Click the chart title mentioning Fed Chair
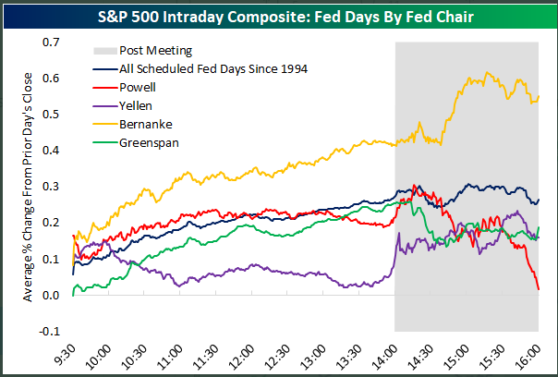pos(278,16)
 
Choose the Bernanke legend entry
pos(145,125)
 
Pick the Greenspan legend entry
pos(149,143)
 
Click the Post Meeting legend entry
pos(153,52)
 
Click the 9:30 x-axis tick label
pos(69,353)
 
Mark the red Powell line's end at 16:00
pos(539,289)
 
